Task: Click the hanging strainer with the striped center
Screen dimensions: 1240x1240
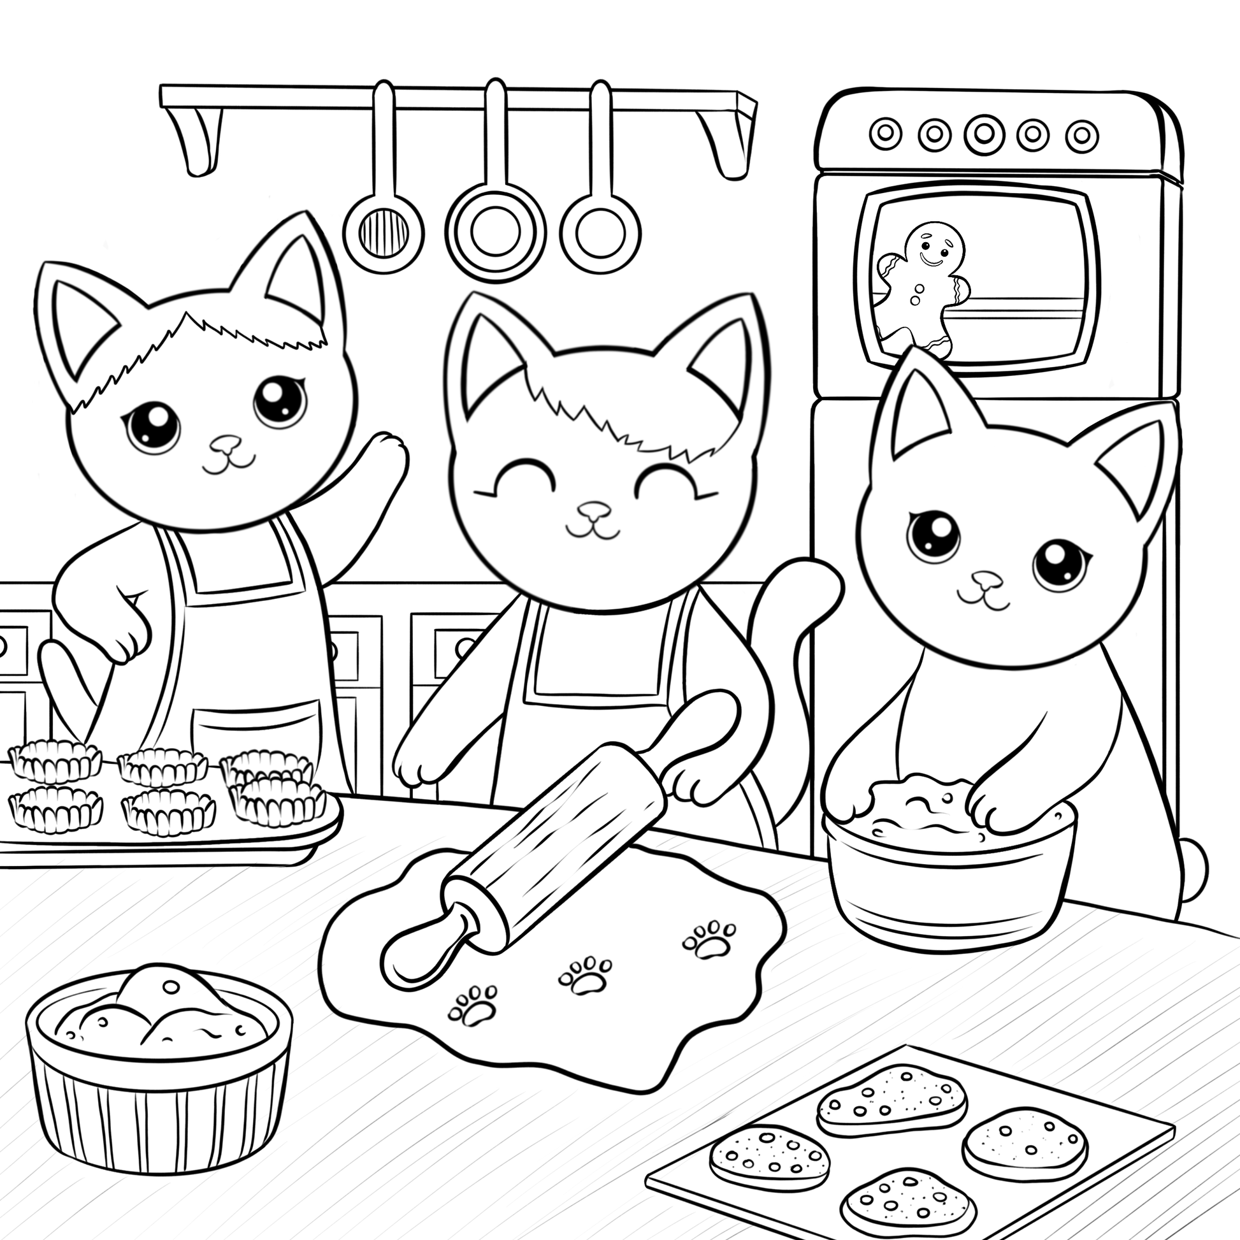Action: pos(383,231)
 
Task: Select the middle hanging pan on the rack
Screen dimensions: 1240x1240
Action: pos(495,231)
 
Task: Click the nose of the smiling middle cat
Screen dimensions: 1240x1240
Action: pos(594,511)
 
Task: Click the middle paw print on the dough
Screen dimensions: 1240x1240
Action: pos(586,975)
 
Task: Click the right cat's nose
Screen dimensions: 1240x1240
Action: pos(986,580)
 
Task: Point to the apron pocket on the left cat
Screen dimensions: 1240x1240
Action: pos(257,732)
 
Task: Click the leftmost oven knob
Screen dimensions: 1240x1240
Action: pos(885,133)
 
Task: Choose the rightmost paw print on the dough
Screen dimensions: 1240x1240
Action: pos(709,939)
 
